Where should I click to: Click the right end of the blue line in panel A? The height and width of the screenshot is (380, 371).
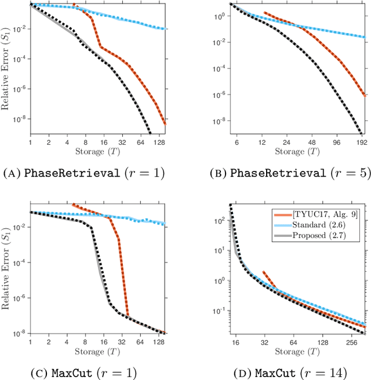click(166, 29)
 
